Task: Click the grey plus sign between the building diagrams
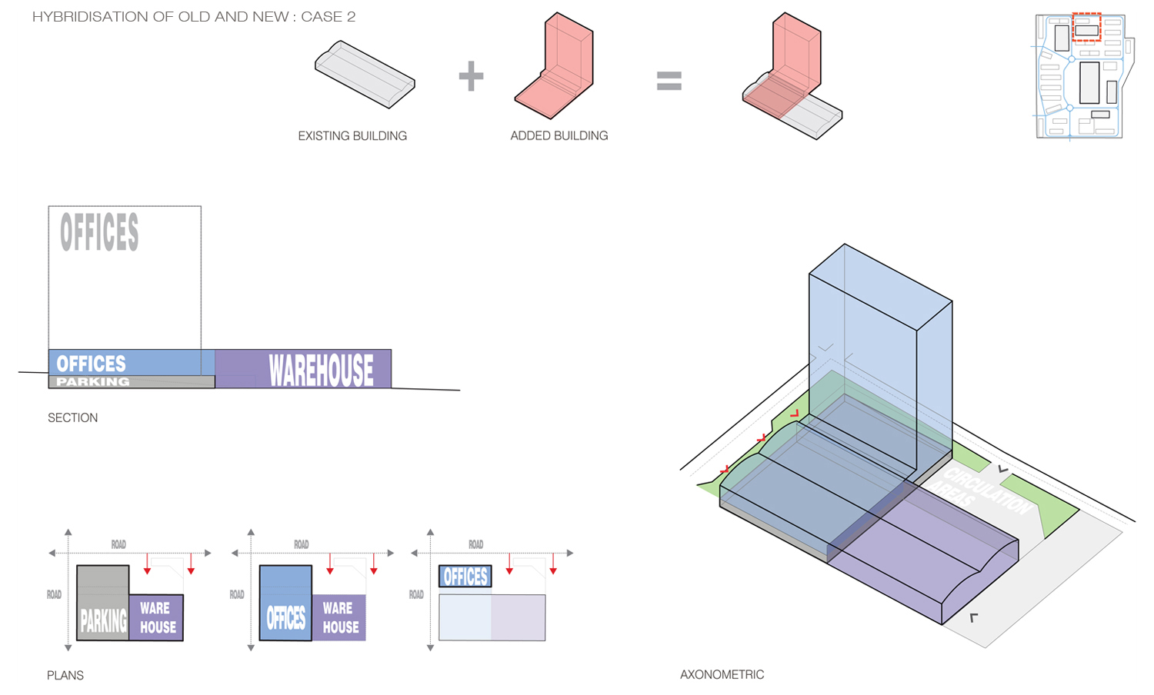click(x=471, y=76)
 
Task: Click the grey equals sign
click(x=669, y=81)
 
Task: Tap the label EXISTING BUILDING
click(x=352, y=136)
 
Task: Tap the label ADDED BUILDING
click(x=559, y=136)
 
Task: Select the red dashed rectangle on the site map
click(x=1086, y=27)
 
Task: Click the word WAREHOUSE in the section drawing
click(x=321, y=370)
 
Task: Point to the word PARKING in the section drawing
click(x=93, y=382)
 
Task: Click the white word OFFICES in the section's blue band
click(x=91, y=364)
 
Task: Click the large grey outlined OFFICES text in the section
click(x=99, y=232)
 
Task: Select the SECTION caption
click(x=73, y=418)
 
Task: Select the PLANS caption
click(x=65, y=676)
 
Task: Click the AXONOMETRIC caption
click(x=722, y=675)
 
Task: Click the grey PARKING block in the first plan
click(x=103, y=604)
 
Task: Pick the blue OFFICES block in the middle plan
click(x=285, y=604)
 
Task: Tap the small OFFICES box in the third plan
click(x=465, y=577)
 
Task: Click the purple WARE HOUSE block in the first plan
click(x=157, y=617)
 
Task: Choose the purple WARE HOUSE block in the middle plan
click(x=339, y=617)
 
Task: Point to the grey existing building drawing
click(x=365, y=74)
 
